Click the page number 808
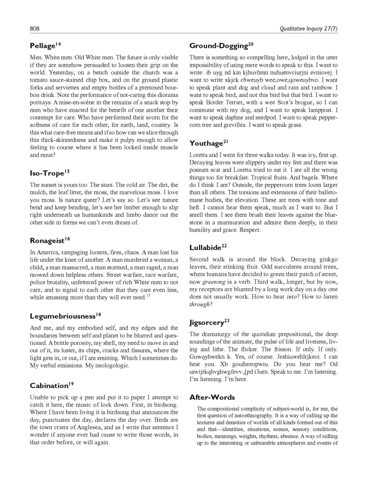pos(34,29)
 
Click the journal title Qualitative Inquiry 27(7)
pos(308,29)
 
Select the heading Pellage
pos(43,46)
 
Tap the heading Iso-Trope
pos(47,173)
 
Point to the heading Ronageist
pos(47,241)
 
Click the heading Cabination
pos(49,386)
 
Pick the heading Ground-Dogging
pos(219,46)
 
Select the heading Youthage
pos(206,144)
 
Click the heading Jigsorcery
pos(207,323)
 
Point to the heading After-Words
pos(212,398)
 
